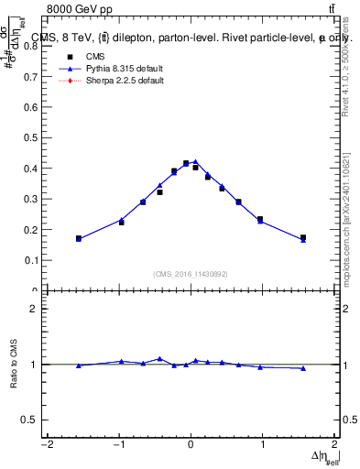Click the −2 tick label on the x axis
[46, 445]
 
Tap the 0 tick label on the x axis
[191, 445]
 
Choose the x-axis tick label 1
[263, 445]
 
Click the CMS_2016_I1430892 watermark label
[191, 273]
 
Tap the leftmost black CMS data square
[79, 238]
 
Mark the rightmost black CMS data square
[303, 237]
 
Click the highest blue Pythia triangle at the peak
[195, 161]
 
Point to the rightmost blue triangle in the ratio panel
[303, 368]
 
